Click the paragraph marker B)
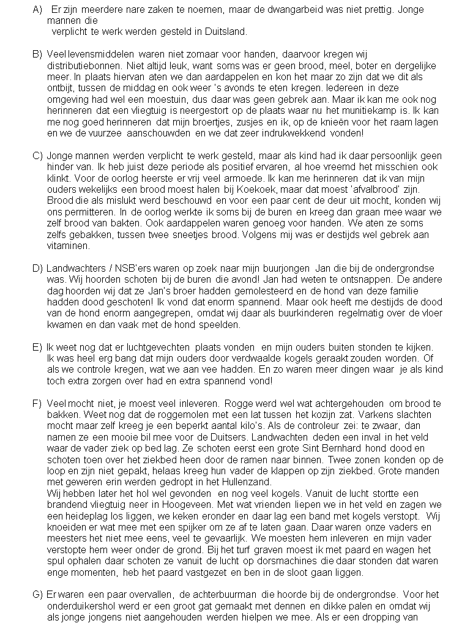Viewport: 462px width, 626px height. tap(37, 54)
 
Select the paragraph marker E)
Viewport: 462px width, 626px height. tap(37, 348)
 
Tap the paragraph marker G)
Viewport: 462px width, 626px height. tap(37, 594)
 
